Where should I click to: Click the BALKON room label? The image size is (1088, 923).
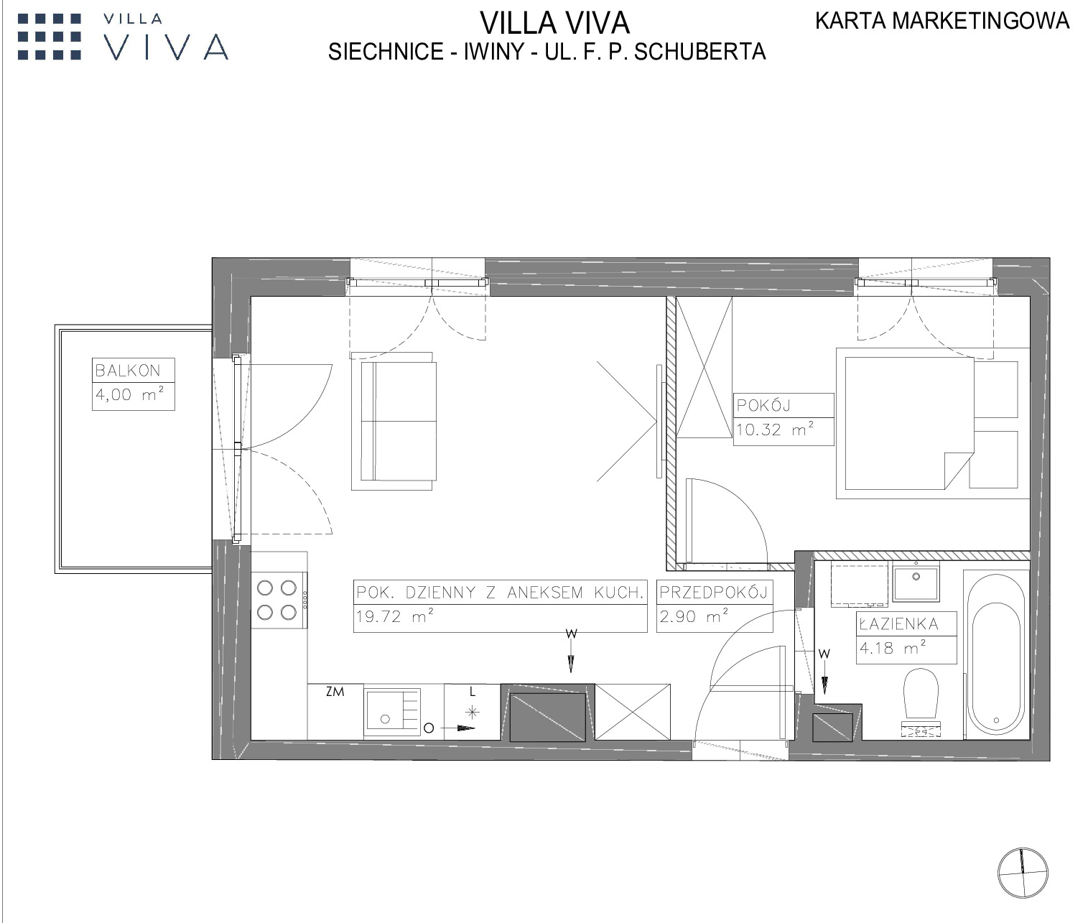tap(128, 371)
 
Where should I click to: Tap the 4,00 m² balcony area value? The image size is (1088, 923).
tap(129, 394)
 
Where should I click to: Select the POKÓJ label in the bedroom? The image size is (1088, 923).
tap(764, 405)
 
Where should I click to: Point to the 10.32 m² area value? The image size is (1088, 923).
tap(775, 429)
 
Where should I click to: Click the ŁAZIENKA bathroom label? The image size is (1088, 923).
tap(898, 624)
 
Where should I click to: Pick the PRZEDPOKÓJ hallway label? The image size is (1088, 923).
tap(715, 593)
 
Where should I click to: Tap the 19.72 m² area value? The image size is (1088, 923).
tap(395, 616)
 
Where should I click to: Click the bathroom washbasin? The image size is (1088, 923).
tap(916, 582)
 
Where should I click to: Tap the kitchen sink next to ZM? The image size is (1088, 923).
tap(392, 712)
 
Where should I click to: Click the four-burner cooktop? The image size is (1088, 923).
tap(279, 600)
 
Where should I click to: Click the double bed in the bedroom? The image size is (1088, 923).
tap(909, 423)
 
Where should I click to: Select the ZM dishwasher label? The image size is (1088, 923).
tap(335, 691)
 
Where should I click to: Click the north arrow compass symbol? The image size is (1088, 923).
tap(1022, 873)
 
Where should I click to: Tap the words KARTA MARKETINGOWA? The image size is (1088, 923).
tap(942, 21)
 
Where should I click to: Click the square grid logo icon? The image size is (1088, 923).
tap(50, 37)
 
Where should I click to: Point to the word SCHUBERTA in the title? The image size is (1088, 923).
tap(700, 52)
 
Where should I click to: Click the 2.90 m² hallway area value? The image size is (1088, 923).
tap(694, 616)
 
